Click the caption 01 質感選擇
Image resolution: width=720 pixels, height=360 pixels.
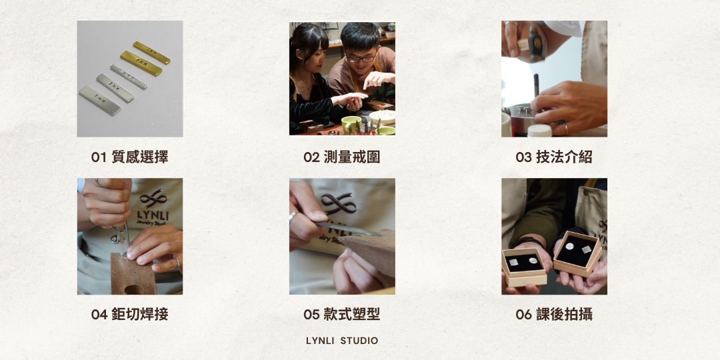pyautogui.click(x=129, y=157)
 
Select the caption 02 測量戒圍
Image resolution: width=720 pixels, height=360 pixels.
pyautogui.click(x=341, y=157)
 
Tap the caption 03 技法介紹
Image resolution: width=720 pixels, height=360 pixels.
pyautogui.click(x=554, y=157)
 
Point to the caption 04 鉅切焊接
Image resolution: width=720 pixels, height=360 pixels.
pyautogui.click(x=129, y=315)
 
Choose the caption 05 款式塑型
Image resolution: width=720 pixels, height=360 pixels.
pyautogui.click(x=341, y=315)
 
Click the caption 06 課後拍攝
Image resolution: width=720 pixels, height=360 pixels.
pyautogui.click(x=554, y=315)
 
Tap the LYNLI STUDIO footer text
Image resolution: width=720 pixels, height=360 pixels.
pyautogui.click(x=342, y=341)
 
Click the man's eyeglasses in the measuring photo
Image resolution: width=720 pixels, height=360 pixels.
pyautogui.click(x=361, y=58)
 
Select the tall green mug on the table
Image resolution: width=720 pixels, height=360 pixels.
pyautogui.click(x=351, y=125)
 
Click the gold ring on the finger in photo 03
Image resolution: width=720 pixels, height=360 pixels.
pyautogui.click(x=566, y=129)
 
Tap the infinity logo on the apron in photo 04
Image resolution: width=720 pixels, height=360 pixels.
pyautogui.click(x=154, y=199)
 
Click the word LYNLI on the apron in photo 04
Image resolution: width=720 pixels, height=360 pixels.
pyautogui.click(x=153, y=215)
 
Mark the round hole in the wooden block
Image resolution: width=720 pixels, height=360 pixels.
pyautogui.click(x=133, y=289)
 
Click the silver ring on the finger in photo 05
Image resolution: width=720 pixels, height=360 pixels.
pyautogui.click(x=293, y=215)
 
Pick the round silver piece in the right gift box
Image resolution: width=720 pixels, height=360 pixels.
pyautogui.click(x=570, y=247)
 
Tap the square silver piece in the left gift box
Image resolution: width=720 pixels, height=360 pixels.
pyautogui.click(x=513, y=262)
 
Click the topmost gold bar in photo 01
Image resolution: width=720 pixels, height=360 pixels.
pyautogui.click(x=151, y=53)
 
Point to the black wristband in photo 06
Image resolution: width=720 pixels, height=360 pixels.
pyautogui.click(x=529, y=240)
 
